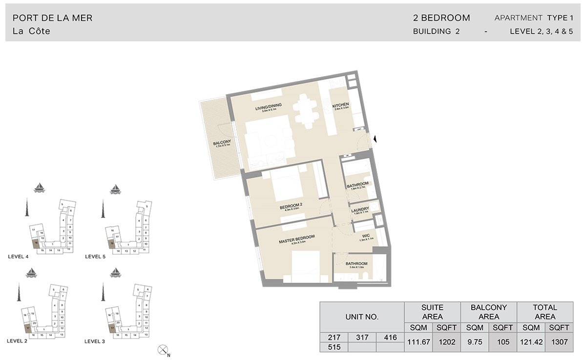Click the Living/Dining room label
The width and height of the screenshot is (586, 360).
click(x=266, y=108)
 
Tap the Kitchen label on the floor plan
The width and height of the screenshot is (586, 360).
click(x=340, y=106)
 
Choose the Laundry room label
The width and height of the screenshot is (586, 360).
click(x=360, y=210)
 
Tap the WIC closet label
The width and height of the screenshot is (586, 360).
click(x=366, y=235)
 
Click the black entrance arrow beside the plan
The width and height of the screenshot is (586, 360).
click(x=375, y=140)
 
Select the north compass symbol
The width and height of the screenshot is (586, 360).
click(x=163, y=350)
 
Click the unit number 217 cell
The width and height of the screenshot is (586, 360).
click(x=334, y=337)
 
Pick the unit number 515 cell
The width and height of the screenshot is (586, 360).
click(x=334, y=347)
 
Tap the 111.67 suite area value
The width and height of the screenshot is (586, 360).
click(x=418, y=342)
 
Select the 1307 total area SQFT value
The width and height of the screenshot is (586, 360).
click(x=559, y=342)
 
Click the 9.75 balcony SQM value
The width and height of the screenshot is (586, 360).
click(x=474, y=342)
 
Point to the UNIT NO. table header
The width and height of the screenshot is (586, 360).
click(x=362, y=317)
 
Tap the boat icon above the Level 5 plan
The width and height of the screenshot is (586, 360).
click(x=115, y=188)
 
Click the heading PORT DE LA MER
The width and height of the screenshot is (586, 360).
click(x=52, y=18)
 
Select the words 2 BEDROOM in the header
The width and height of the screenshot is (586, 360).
click(x=441, y=18)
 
